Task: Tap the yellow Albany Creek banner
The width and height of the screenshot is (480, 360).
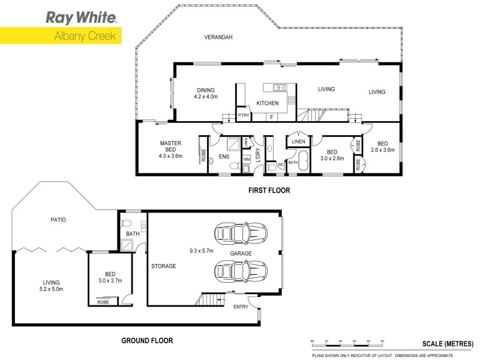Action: click(x=61, y=35)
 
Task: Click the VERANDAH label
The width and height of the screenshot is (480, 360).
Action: click(x=218, y=37)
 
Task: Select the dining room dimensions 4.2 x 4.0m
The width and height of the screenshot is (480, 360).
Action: click(x=205, y=96)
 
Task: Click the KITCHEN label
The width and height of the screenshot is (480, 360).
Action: click(x=268, y=103)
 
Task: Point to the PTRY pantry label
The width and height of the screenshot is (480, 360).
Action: click(x=243, y=115)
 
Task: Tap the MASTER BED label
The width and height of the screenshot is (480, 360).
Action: click(x=170, y=143)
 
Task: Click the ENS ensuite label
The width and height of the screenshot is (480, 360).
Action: click(x=223, y=157)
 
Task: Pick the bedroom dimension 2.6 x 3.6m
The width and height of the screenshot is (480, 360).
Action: click(x=382, y=150)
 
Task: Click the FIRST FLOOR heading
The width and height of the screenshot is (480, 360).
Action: click(x=269, y=191)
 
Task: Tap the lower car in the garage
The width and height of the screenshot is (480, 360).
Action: click(x=241, y=273)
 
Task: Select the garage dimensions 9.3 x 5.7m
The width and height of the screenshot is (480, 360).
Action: click(x=199, y=251)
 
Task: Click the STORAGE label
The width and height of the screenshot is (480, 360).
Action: click(x=163, y=266)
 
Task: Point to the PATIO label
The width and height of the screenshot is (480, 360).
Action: click(x=58, y=220)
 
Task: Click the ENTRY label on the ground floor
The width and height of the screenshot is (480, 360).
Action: click(x=241, y=307)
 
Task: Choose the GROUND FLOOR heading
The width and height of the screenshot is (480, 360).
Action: click(x=147, y=341)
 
